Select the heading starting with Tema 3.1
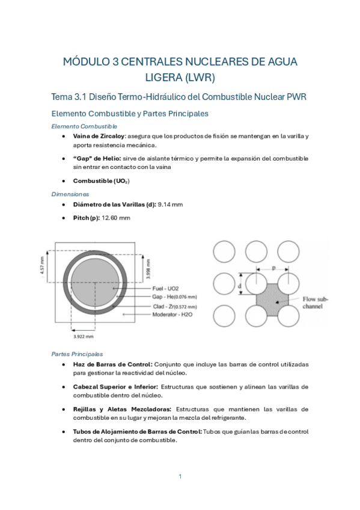pyautogui.click(x=180, y=97)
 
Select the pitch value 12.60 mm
pyautogui.click(x=117, y=218)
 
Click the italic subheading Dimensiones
pyautogui.click(x=70, y=194)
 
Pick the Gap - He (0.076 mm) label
pyautogui.click(x=174, y=296)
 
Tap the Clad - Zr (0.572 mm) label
pyautogui.click(x=174, y=306)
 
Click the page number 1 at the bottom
pyautogui.click(x=180, y=476)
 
